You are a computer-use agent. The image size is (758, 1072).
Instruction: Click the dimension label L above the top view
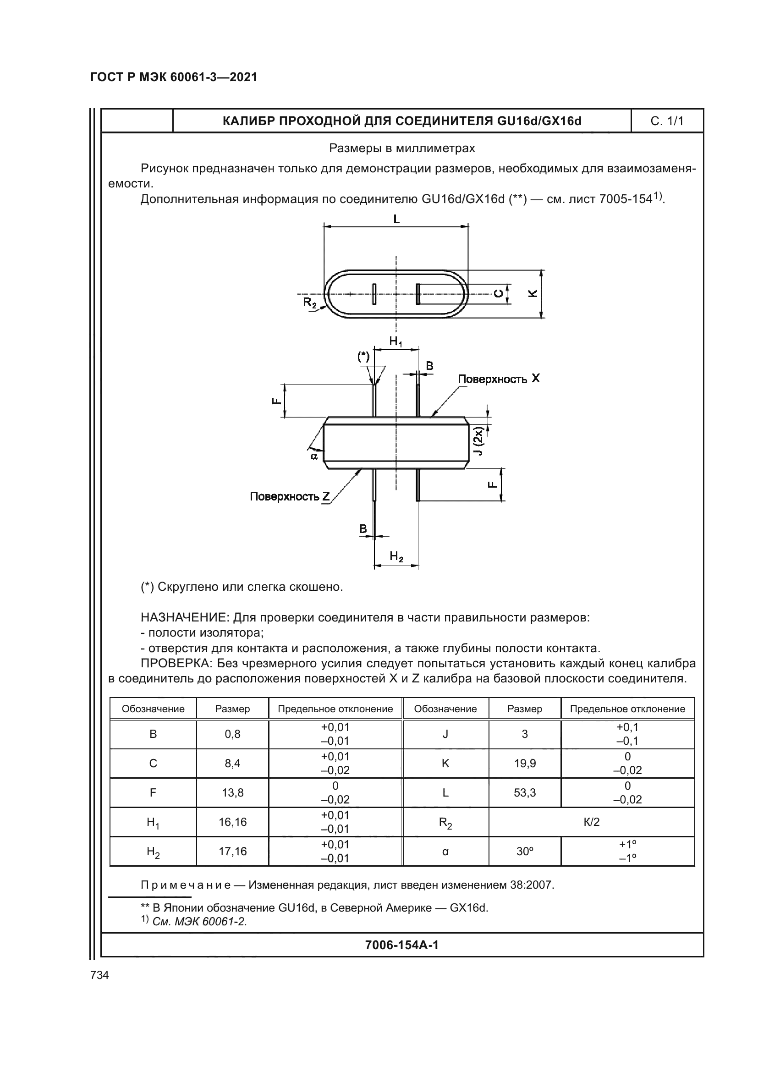[x=396, y=219]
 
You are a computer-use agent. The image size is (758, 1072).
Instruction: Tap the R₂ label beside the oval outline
[x=309, y=302]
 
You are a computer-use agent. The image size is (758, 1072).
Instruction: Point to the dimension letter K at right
[x=533, y=293]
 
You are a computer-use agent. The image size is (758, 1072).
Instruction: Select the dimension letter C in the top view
[x=499, y=294]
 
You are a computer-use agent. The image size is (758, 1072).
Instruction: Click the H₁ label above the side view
[x=396, y=341]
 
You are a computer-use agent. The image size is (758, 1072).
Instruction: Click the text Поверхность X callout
[x=499, y=379]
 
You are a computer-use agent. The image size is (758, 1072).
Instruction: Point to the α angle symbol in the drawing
[x=314, y=456]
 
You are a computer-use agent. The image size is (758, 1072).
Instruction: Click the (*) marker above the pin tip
[x=363, y=357]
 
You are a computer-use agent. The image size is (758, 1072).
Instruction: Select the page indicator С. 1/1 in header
[x=666, y=121]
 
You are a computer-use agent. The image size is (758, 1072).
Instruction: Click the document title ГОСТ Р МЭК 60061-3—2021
[x=174, y=77]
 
